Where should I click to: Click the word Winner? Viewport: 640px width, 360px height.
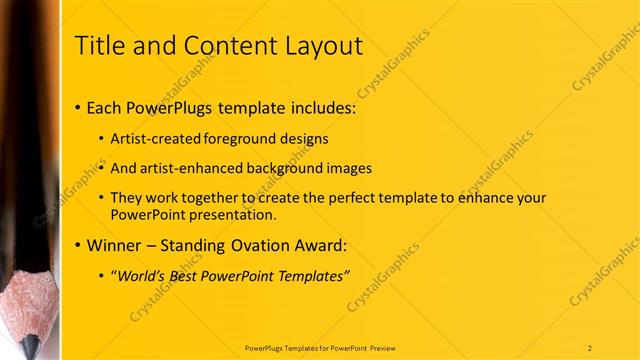tap(115, 245)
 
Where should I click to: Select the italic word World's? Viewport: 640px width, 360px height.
tap(142, 276)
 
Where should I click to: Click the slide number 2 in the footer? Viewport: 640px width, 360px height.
tap(590, 347)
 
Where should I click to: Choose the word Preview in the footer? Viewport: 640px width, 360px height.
tap(389, 347)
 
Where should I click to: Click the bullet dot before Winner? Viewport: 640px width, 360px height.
tap(79, 246)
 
